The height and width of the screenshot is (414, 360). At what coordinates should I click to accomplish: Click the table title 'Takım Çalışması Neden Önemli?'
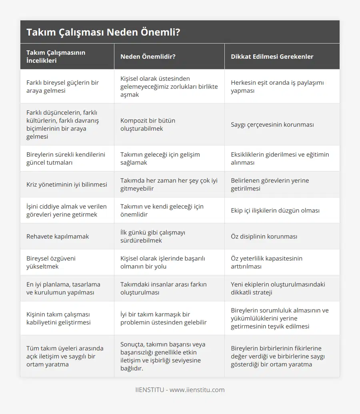103,32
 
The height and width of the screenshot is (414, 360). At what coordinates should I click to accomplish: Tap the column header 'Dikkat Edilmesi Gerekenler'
272,56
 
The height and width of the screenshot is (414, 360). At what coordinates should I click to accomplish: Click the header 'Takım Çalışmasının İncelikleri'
56,56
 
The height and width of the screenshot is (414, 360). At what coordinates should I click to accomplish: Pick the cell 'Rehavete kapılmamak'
58,236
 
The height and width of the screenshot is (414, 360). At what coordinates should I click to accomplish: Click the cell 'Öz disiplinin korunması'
264,236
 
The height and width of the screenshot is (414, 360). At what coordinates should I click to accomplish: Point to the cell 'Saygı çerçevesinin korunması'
272,124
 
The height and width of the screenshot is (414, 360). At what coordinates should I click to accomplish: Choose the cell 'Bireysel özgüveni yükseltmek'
51,262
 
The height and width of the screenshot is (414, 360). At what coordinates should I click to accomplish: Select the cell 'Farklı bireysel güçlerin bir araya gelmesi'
62,86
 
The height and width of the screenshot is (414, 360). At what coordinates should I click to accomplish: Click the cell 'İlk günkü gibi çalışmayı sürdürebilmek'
153,236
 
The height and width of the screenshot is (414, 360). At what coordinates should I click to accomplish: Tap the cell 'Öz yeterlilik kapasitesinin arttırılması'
266,262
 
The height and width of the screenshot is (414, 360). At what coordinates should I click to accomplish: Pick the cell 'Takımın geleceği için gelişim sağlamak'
160,158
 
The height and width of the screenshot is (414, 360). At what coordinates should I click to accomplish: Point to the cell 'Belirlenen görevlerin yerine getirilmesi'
270,184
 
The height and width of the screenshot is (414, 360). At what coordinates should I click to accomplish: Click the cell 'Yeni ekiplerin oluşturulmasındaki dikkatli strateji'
278,288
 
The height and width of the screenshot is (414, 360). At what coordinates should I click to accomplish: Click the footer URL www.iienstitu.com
197,390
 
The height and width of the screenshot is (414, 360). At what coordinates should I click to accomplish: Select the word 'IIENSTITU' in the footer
150,390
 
